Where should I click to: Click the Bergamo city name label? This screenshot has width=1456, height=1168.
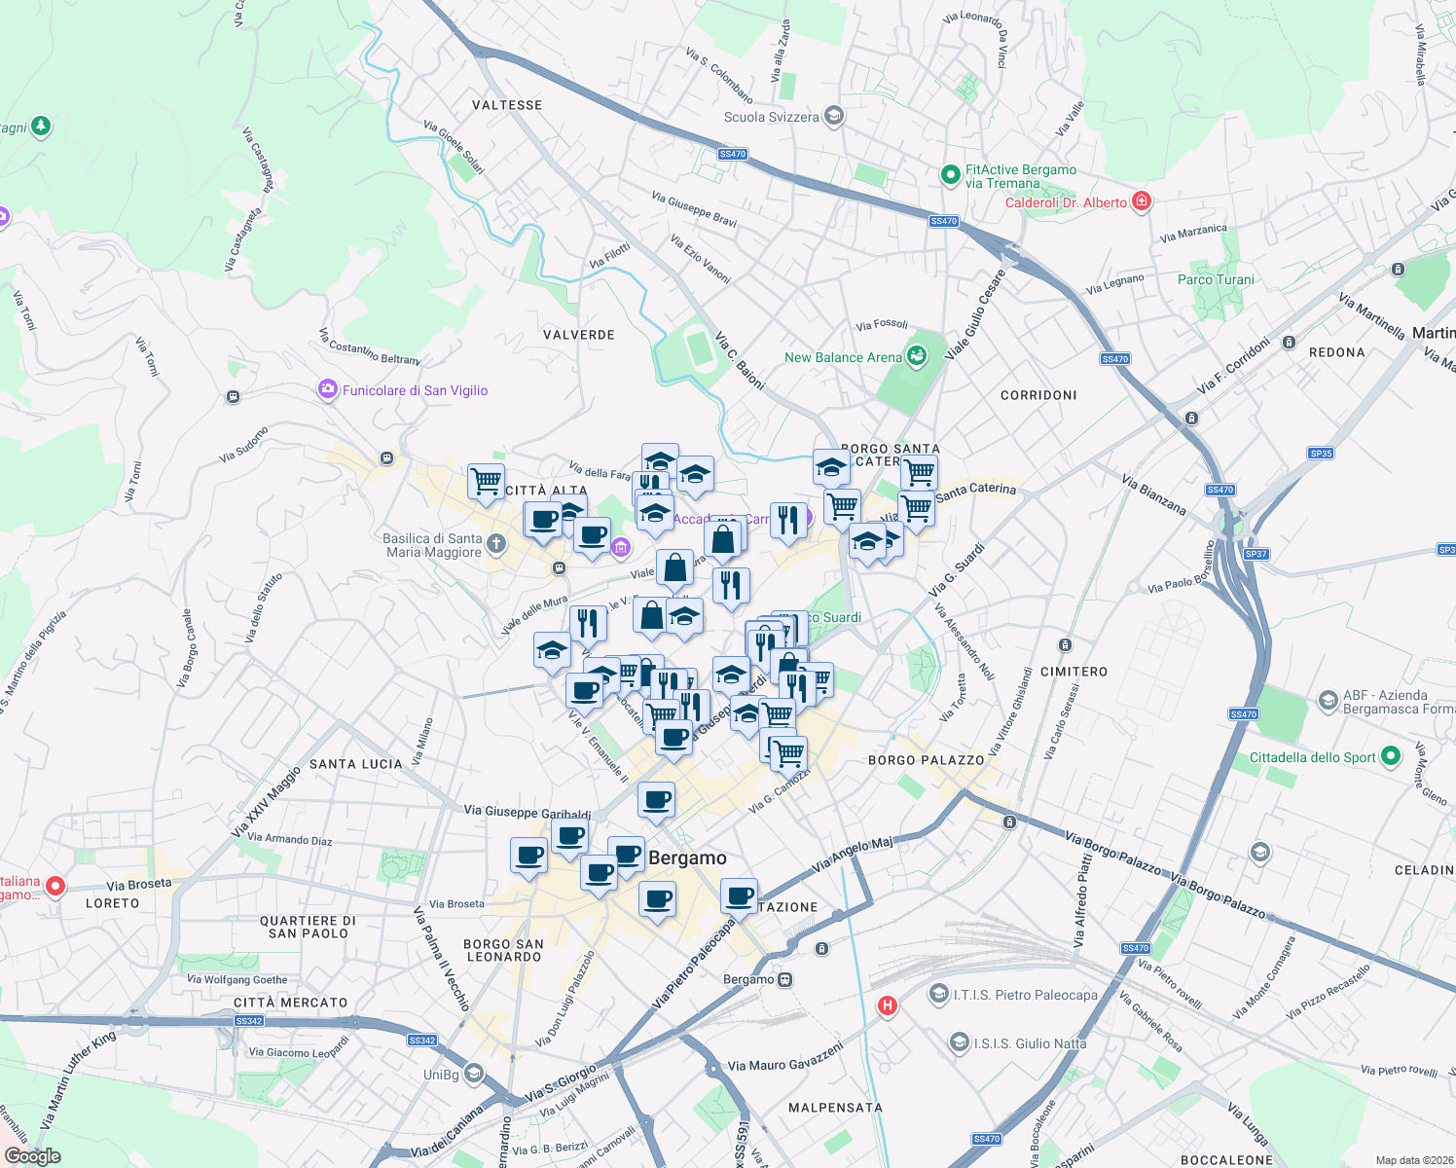[x=687, y=858]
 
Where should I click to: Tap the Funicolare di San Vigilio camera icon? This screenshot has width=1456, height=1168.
[x=328, y=390]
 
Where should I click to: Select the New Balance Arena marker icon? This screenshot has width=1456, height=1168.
[x=916, y=357]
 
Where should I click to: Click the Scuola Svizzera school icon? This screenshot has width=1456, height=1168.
[x=833, y=117]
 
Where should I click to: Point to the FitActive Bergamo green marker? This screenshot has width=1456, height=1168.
[x=950, y=175]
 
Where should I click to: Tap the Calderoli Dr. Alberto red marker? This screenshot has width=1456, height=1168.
[x=1142, y=202]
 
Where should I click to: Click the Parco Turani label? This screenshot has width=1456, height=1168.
[x=1216, y=279]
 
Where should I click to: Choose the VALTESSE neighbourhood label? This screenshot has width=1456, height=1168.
[x=507, y=105]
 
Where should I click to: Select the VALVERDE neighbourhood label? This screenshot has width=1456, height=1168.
[x=579, y=335]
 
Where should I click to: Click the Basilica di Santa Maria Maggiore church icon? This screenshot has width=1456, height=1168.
[x=496, y=544]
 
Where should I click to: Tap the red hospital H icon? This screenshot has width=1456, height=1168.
[x=887, y=1005]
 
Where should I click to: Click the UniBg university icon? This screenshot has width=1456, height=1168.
[x=474, y=1074]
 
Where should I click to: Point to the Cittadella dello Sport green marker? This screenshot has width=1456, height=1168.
[x=1391, y=756]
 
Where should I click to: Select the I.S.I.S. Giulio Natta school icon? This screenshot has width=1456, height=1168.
[x=960, y=1042]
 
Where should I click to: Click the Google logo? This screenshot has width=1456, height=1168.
[x=33, y=1155]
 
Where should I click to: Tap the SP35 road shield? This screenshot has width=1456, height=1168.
[x=1321, y=454]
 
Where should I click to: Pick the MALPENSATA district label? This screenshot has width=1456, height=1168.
[x=835, y=1108]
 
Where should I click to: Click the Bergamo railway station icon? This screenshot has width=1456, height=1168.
[x=784, y=979]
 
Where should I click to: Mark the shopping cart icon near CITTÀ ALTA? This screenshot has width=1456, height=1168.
[x=486, y=480]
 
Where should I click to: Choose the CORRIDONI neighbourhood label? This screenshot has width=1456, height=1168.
[x=1038, y=395]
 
